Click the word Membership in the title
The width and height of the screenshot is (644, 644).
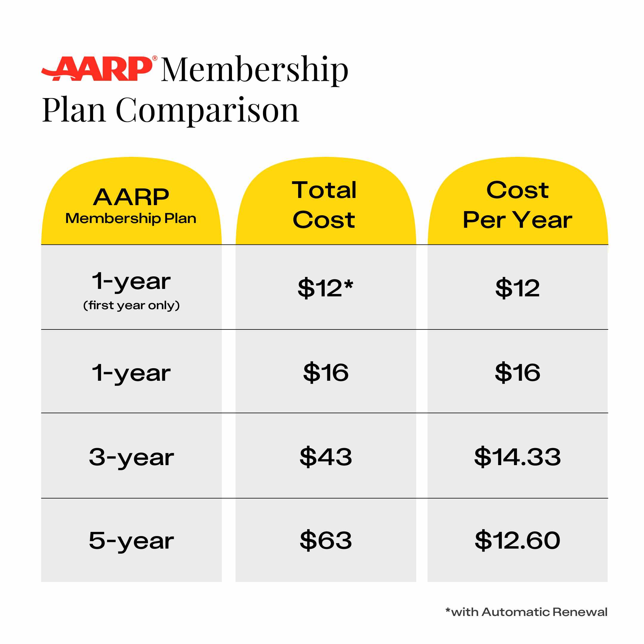pos(255,70)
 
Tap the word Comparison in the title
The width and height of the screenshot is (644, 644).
pos(207,110)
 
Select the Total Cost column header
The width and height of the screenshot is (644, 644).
pos(324,205)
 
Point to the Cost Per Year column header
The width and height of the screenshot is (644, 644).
pos(517,205)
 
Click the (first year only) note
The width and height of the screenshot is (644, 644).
pos(131,305)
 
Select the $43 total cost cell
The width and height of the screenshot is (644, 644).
pos(326,457)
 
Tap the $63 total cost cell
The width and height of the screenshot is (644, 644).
pos(326,540)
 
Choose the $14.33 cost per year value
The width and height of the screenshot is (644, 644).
pos(517,457)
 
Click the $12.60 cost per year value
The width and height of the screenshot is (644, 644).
pos(517,540)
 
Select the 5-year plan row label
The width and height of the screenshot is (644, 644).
pos(131,541)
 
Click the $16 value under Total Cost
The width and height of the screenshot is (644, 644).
pos(326,372)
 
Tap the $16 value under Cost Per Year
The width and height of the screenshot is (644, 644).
pos(517,372)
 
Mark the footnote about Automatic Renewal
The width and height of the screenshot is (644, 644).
pos(526,612)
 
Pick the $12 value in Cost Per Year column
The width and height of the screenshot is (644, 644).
pos(517,288)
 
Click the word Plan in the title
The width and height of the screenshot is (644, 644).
pos(74,110)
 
